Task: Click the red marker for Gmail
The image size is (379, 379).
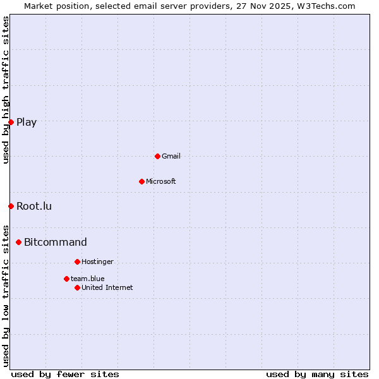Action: [x=157, y=156]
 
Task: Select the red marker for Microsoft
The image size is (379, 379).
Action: [x=141, y=181]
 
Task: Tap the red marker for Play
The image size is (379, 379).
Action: [x=11, y=122]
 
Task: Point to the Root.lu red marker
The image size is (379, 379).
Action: [x=11, y=206]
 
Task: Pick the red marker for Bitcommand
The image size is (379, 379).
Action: [x=18, y=242]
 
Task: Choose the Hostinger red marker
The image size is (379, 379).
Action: [x=77, y=262]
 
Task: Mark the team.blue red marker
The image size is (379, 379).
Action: [x=66, y=279]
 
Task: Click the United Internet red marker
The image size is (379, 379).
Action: [x=77, y=287]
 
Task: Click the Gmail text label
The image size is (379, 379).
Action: [x=171, y=156]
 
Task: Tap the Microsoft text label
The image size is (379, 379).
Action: [x=160, y=181]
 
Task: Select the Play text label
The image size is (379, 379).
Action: [x=27, y=122]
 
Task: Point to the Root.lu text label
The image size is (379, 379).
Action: [x=34, y=206]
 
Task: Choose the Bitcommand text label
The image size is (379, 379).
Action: [x=56, y=242]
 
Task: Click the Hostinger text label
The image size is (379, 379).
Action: [x=97, y=262]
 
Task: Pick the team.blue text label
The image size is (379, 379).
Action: [x=88, y=279]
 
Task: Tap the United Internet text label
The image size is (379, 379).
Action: [x=107, y=287]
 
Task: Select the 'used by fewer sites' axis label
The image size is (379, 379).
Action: [x=65, y=374]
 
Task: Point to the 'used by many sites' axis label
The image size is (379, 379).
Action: [x=317, y=374]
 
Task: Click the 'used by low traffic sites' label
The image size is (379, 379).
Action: [x=6, y=295]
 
